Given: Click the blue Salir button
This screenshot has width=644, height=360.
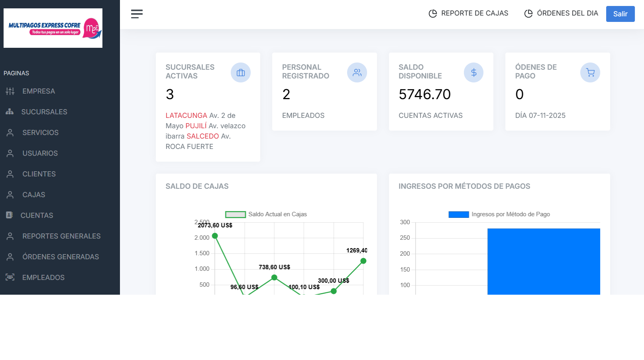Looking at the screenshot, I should pyautogui.click(x=620, y=14).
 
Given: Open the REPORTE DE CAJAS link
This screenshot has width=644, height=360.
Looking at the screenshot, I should pyautogui.click(x=469, y=14).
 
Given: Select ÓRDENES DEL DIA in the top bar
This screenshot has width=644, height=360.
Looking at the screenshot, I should pyautogui.click(x=561, y=14).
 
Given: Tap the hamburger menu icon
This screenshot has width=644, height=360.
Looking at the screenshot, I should pyautogui.click(x=137, y=14).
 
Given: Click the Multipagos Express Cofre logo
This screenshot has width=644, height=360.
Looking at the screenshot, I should pyautogui.click(x=53, y=28).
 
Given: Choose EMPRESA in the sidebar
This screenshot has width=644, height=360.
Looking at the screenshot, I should pyautogui.click(x=39, y=91).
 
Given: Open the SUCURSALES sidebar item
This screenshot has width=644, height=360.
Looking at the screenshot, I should pyautogui.click(x=44, y=112).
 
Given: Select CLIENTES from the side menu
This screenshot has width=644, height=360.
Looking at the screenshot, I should pyautogui.click(x=39, y=174).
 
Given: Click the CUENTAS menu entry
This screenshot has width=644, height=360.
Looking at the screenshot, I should pyautogui.click(x=37, y=215).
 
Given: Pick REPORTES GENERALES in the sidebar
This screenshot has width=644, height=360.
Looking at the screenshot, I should pyautogui.click(x=61, y=236).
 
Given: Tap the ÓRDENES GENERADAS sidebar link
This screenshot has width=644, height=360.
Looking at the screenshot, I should pyautogui.click(x=61, y=257).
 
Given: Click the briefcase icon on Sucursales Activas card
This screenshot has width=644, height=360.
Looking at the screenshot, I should pyautogui.click(x=241, y=72).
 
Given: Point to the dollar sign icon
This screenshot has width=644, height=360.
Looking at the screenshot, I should pyautogui.click(x=473, y=72).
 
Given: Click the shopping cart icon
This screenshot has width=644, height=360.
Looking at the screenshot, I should pyautogui.click(x=590, y=72).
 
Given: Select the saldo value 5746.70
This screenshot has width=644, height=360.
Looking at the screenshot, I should pyautogui.click(x=424, y=94).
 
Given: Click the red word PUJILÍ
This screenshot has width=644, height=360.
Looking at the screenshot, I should pyautogui.click(x=196, y=126).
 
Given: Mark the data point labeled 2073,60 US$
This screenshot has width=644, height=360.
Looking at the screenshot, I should pyautogui.click(x=215, y=236).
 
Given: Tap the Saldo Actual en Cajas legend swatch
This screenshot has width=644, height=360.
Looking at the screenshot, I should pyautogui.click(x=235, y=215).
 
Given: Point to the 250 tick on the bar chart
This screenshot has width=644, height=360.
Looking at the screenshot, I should pyautogui.click(x=405, y=238).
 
